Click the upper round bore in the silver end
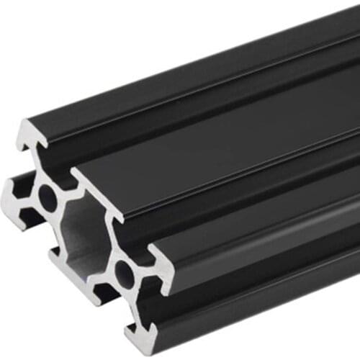point(48,198)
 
